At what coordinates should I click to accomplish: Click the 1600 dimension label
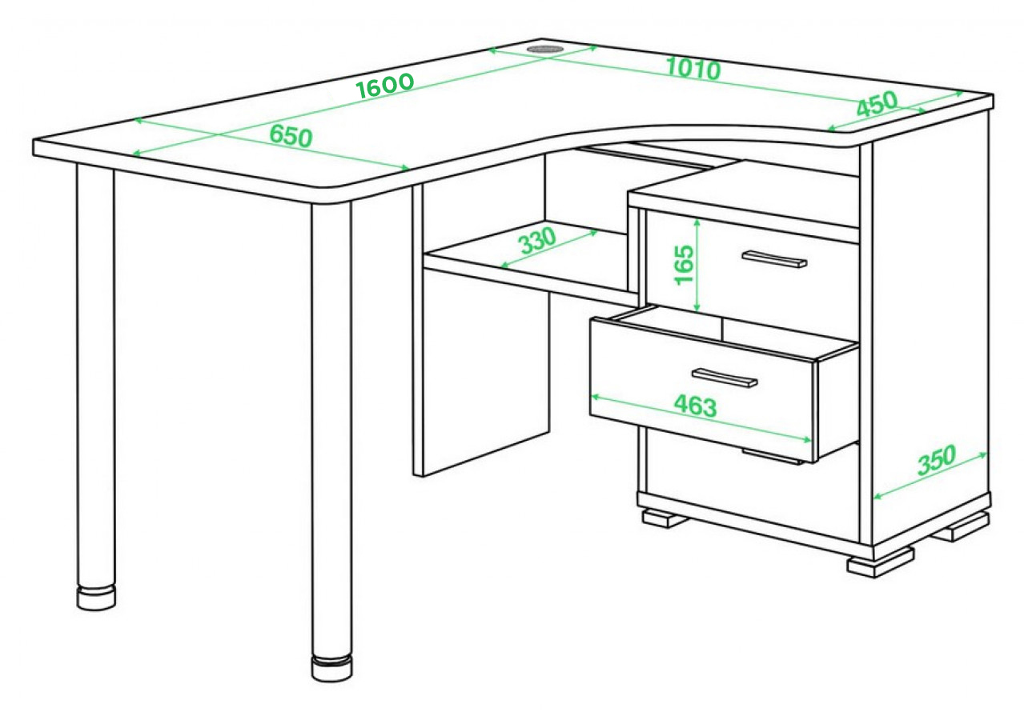(385, 86)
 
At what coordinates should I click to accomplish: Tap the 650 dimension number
(291, 136)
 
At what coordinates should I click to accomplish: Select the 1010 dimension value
(693, 69)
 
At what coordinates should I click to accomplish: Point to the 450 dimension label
(877, 105)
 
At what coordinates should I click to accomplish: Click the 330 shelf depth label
(539, 241)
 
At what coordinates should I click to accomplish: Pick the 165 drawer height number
(685, 266)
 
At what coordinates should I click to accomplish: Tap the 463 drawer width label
(696, 406)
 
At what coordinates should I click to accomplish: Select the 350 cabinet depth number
(937, 459)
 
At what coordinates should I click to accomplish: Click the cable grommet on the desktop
(545, 49)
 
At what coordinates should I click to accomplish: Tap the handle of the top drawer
(774, 259)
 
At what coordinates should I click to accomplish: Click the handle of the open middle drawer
(725, 378)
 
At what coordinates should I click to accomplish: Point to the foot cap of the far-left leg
(96, 597)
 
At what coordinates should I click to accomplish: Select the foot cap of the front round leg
(332, 669)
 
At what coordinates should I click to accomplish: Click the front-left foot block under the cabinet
(664, 519)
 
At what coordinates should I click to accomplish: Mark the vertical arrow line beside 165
(697, 266)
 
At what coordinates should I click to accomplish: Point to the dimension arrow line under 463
(701, 419)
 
